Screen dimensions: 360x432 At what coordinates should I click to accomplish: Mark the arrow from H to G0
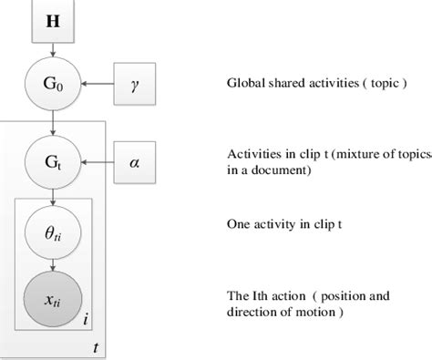(x=56, y=54)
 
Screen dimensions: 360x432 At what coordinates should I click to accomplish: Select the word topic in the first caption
(x=375, y=84)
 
